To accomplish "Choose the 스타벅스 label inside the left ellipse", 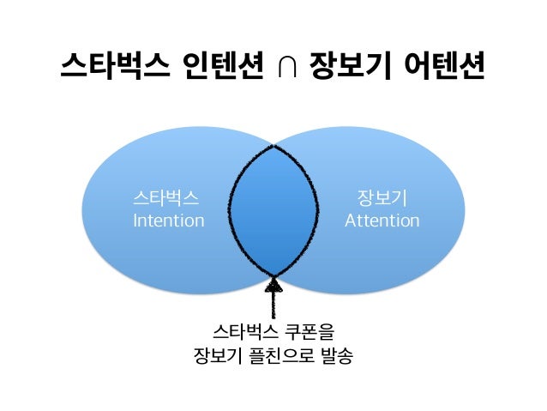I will pos(166,199).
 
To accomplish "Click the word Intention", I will pos(168,221).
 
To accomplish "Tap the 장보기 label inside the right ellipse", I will pos(382,199).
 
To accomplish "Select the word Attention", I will pos(382,221).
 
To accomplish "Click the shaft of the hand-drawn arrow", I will pos(274,305).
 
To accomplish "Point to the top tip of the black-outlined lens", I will pos(273,147).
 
